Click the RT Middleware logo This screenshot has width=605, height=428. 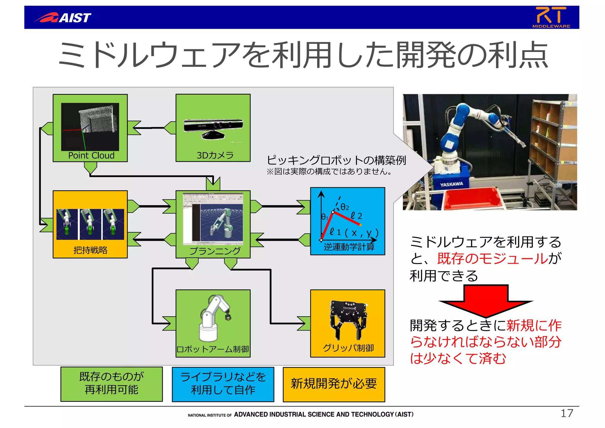[551, 17]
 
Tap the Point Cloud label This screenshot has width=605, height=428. [91, 155]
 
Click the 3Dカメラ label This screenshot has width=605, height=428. [215, 155]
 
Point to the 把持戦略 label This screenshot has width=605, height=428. [90, 250]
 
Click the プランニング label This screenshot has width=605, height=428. [215, 251]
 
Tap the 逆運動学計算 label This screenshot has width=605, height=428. [349, 247]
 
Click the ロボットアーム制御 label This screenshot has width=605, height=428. [213, 349]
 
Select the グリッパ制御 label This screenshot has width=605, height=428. [348, 348]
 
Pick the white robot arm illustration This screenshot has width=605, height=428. [213, 318]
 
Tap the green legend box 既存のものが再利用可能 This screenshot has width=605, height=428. [112, 384]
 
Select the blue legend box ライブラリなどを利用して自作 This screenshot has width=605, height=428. [223, 384]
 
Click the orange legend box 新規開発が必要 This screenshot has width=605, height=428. [334, 384]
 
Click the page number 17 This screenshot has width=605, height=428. [567, 413]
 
